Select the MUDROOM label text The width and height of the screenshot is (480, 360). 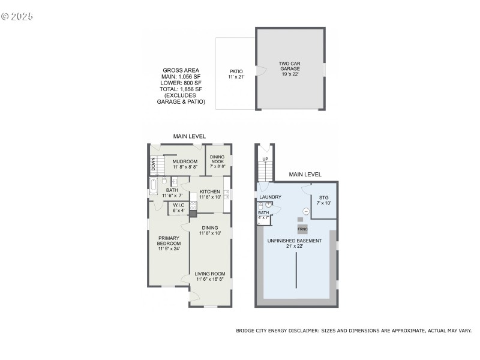click(x=185, y=161)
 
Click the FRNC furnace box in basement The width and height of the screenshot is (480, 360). click(x=302, y=229)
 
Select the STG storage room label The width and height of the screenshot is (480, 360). click(x=323, y=197)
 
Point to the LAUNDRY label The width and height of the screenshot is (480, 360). click(x=271, y=197)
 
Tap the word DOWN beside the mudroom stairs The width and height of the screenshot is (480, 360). click(x=153, y=163)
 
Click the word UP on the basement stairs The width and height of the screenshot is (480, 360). click(x=265, y=159)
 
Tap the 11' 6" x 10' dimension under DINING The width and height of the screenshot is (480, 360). click(x=209, y=233)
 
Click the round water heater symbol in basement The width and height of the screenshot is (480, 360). click(x=305, y=211)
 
